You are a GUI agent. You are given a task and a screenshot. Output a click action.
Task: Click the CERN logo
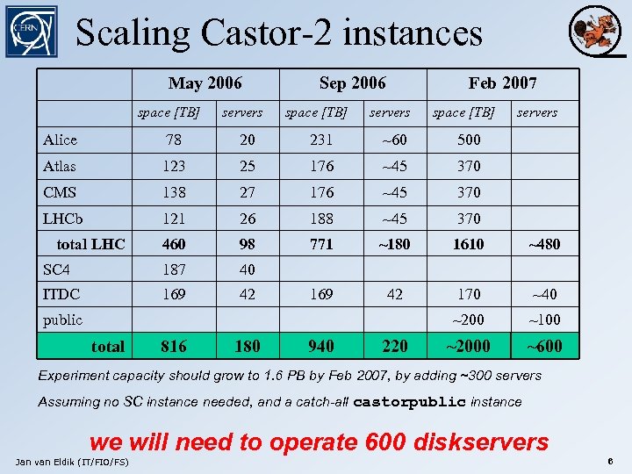pyautogui.click(x=31, y=32)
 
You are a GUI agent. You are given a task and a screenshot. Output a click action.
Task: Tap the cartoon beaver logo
pyautogui.click(x=594, y=32)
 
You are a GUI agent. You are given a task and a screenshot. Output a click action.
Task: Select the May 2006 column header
pyautogui.click(x=205, y=83)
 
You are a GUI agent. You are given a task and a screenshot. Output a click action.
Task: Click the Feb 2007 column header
pyautogui.click(x=502, y=83)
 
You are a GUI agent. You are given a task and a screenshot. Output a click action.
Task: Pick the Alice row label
pyautogui.click(x=60, y=140)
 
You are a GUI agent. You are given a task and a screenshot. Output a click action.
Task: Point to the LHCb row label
pyautogui.click(x=63, y=218)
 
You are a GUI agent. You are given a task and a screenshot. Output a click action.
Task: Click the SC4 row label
pyautogui.click(x=57, y=269)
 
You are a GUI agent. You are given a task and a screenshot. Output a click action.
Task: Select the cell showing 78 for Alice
pyautogui.click(x=174, y=140)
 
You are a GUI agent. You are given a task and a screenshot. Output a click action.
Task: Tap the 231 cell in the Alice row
pyautogui.click(x=321, y=140)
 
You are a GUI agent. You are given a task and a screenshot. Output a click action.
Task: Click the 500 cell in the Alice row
pyautogui.click(x=468, y=140)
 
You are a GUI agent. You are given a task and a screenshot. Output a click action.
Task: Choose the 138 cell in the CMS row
pyautogui.click(x=174, y=192)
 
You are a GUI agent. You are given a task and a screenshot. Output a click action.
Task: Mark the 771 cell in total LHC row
pyautogui.click(x=321, y=244)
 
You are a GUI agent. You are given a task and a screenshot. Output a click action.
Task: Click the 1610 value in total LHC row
pyautogui.click(x=468, y=244)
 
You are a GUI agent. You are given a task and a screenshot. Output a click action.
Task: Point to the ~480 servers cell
pyautogui.click(x=543, y=244)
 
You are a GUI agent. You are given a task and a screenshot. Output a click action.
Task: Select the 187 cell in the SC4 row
pyautogui.click(x=174, y=269)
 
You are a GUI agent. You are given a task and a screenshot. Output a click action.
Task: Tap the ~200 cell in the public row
pyautogui.click(x=468, y=320)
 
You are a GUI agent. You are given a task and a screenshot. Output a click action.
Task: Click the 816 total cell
pyautogui.click(x=174, y=347)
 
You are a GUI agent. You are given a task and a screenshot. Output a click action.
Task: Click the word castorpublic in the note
pyautogui.click(x=409, y=402)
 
